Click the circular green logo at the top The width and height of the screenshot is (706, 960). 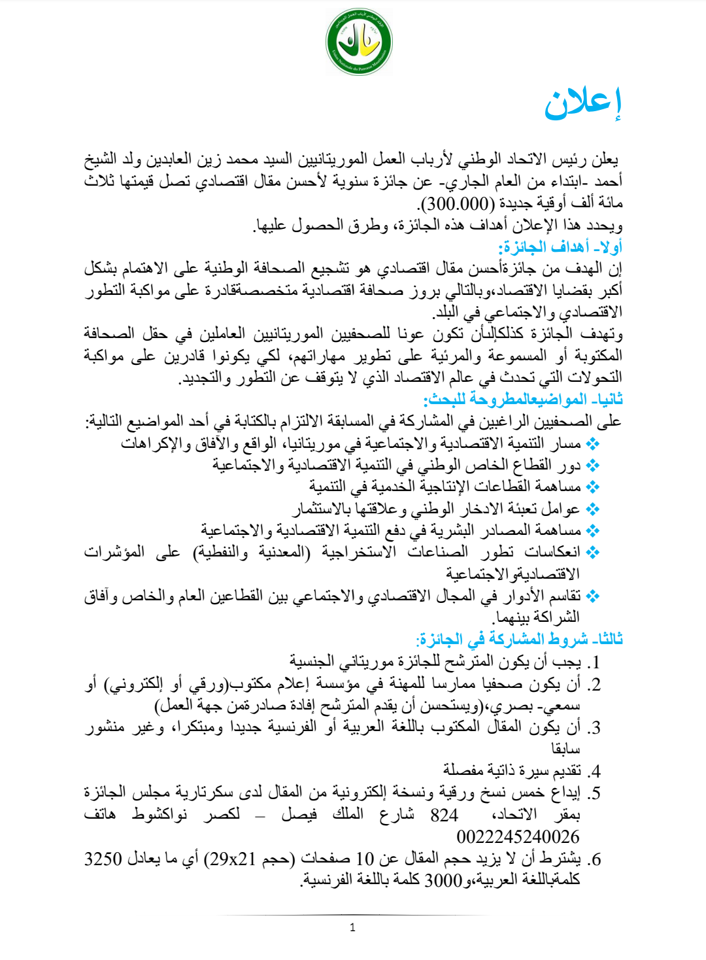click(359, 43)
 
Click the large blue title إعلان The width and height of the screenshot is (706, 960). click(582, 103)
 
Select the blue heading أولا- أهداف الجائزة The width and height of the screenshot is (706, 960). click(560, 247)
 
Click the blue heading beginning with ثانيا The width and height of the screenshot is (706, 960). click(523, 399)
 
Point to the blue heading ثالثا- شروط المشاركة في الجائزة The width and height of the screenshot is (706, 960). click(520, 639)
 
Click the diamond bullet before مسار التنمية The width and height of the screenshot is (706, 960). click(593, 444)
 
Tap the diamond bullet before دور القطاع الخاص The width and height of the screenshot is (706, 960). click(593, 466)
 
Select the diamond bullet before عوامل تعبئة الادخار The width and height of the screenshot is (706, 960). click(593, 509)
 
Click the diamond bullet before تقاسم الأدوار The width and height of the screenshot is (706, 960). click(593, 596)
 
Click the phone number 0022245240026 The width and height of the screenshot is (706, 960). click(518, 836)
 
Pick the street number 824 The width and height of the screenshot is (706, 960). click(444, 815)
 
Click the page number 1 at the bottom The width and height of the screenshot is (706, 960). click(353, 927)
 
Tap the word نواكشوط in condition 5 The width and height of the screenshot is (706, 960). click(160, 815)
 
